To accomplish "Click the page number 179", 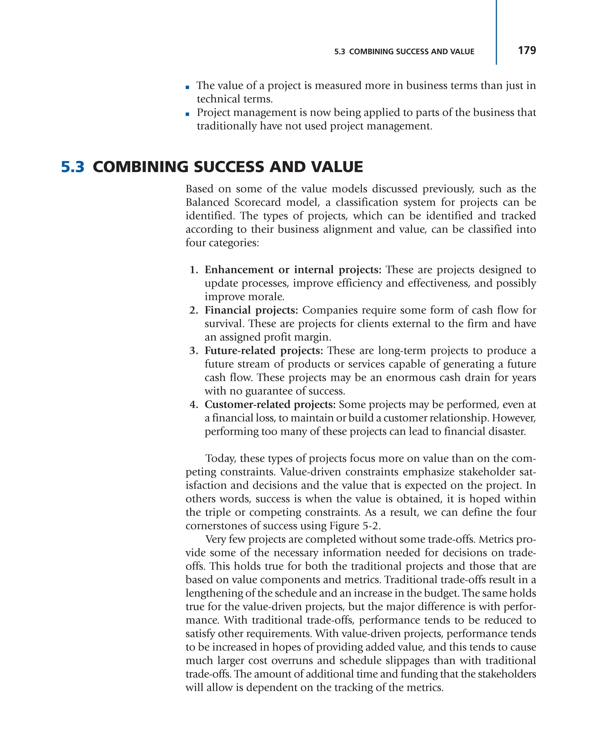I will pyautogui.click(x=526, y=50).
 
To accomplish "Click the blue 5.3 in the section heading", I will pyautogui.click(x=73, y=167).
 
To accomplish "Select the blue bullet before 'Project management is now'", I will pyautogui.click(x=187, y=114).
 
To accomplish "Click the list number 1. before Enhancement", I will pyautogui.click(x=194, y=270).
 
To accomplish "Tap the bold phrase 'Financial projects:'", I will pyautogui.click(x=251, y=310).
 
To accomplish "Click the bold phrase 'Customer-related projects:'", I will pyautogui.click(x=270, y=404).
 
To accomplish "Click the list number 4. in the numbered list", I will pyautogui.click(x=194, y=404).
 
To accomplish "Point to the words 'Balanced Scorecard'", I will pyautogui.click(x=233, y=202).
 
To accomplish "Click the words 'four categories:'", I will pyautogui.click(x=222, y=243).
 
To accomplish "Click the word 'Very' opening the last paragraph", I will pyautogui.click(x=215, y=539).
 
